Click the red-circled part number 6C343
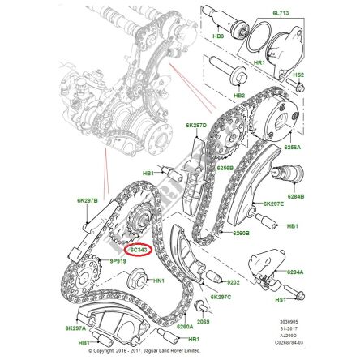(140, 251)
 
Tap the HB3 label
(218, 36)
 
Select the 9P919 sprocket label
(118, 262)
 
